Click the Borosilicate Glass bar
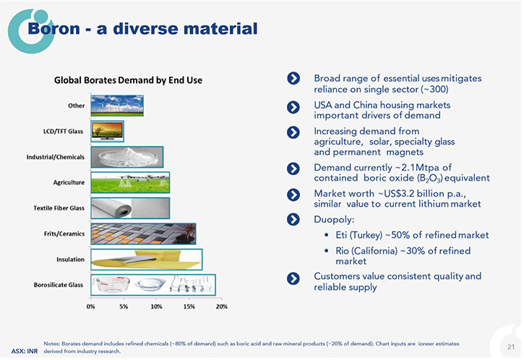coord(153,285)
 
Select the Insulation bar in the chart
coord(147,260)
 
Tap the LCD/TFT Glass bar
coord(107,132)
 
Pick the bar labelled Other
coord(117,106)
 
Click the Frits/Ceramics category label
coord(64,233)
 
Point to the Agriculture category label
coord(69,182)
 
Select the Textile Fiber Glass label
coord(59,208)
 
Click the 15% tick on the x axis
coord(189,307)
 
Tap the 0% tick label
coord(90,307)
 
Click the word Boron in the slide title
coord(53,28)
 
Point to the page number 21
coord(511,347)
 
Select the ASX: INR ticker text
coord(25,351)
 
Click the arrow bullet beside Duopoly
coord(293,219)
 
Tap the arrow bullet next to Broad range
coord(293,78)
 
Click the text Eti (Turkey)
coord(359,235)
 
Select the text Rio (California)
coord(366,251)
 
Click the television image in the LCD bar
coord(107,131)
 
